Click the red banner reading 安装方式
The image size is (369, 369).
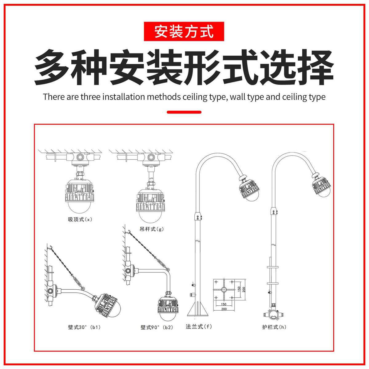tap(184, 31)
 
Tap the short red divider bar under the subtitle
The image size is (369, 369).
tap(184, 112)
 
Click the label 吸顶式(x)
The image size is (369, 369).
tap(80, 220)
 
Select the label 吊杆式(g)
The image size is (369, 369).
tap(152, 229)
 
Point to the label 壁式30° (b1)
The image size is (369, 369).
tap(84, 327)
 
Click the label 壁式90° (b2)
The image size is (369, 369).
tap(157, 327)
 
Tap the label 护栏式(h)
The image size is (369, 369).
tap(274, 327)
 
